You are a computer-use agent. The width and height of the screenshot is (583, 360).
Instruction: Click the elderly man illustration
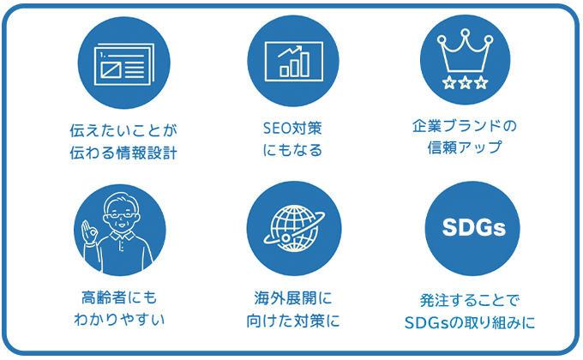tap(121, 227)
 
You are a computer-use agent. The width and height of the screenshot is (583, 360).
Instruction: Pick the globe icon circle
tap(292, 227)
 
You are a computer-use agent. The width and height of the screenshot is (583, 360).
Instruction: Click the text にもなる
tap(292, 152)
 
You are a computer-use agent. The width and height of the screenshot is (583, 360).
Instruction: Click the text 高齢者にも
tap(121, 297)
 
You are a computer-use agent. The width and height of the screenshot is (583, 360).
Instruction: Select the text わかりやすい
tap(121, 321)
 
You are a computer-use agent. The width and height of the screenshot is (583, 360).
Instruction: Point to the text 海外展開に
tap(292, 297)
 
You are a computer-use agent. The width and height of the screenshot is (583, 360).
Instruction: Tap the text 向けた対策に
tap(292, 321)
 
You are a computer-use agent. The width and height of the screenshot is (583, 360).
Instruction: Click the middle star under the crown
tap(465, 82)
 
